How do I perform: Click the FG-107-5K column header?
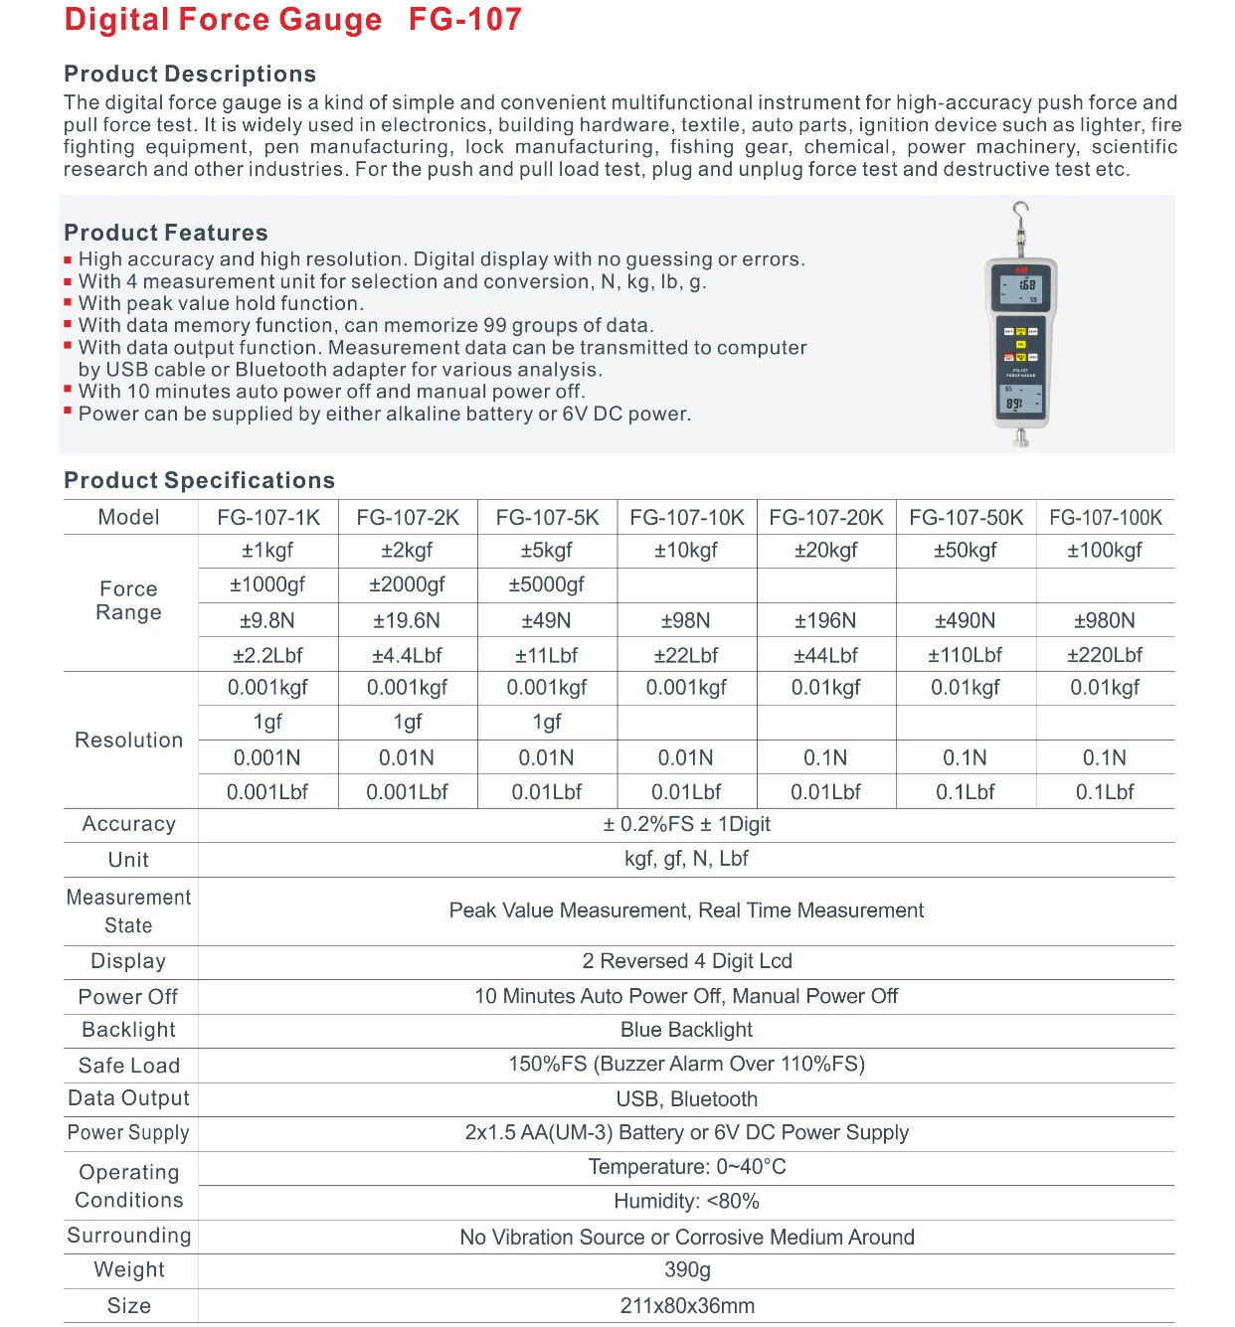pos(547,517)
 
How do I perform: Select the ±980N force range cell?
pos(1104,620)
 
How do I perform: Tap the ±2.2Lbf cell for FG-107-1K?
pos(267,655)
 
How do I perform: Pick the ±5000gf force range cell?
pos(546,584)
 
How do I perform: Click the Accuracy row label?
pos(129,824)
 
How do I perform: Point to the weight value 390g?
pos(687,1269)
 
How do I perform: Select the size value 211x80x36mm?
pos(687,1305)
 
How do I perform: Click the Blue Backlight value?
pos(686,1030)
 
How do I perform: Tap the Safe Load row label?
pos(129,1066)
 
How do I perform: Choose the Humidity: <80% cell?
pos(686,1201)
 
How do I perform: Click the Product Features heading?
pos(166,233)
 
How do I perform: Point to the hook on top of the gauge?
pos(1019,211)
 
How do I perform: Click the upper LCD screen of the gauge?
pos(1021,290)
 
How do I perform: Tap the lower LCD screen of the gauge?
pos(1020,401)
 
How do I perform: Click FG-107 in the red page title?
pos(465,20)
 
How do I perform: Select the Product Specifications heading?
pos(199,480)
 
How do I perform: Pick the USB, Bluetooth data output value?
pos(686,1098)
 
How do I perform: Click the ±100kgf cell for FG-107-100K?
pos(1104,551)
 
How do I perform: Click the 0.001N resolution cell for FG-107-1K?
pos(267,757)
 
